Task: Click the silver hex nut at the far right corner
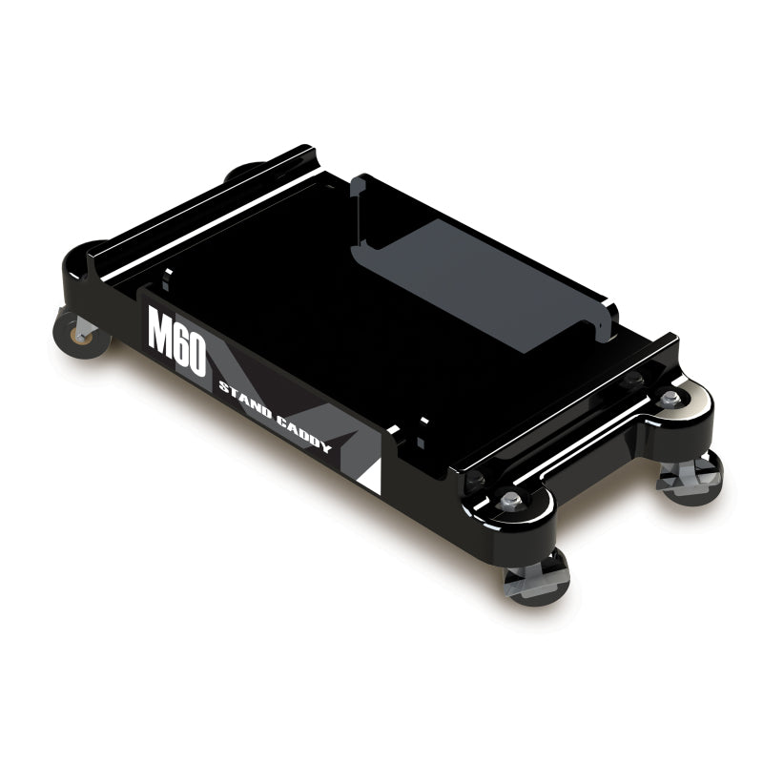pyautogui.click(x=671, y=396)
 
